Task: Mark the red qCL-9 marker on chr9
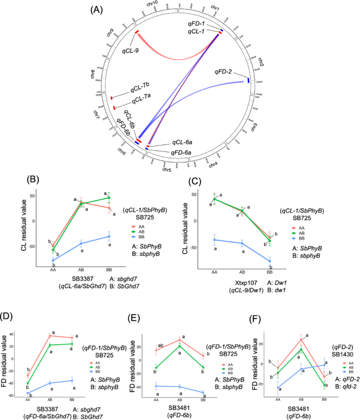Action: click(136, 33)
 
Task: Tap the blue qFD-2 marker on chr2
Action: click(248, 81)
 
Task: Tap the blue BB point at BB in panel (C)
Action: click(269, 261)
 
